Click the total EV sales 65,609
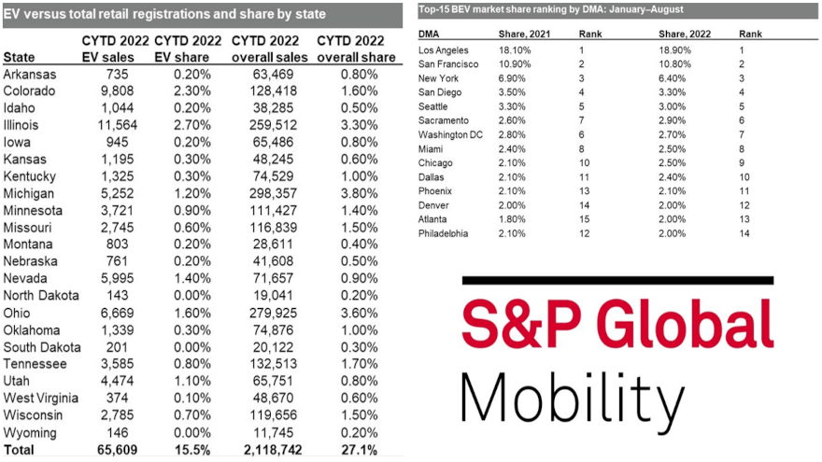point(114,450)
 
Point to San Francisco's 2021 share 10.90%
point(528,64)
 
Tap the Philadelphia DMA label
point(445,232)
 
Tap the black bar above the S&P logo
point(617,280)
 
